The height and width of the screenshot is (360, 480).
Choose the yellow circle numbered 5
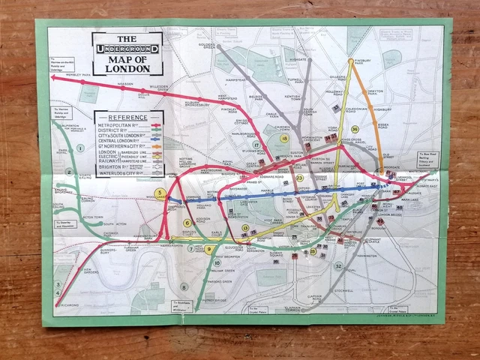click(160, 193)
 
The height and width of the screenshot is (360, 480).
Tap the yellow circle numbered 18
click(283, 139)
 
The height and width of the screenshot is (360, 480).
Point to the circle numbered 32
click(339, 266)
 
